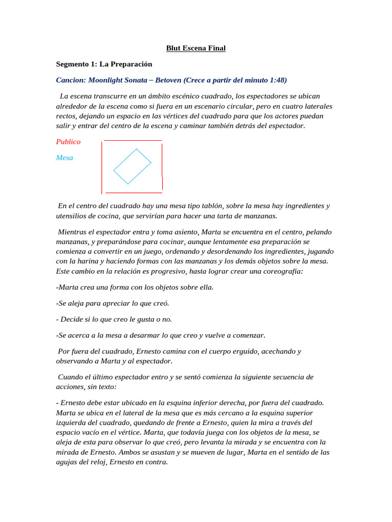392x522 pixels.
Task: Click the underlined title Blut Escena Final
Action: (196, 48)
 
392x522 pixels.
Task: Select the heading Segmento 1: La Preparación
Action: (104, 64)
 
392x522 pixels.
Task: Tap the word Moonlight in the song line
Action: (109, 80)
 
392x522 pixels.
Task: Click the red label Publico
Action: (68, 142)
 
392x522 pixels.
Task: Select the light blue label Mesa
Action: (64, 158)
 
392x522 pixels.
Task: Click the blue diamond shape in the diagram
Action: (132, 166)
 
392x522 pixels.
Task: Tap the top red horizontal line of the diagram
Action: (133, 140)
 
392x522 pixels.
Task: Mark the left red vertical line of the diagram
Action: (102, 167)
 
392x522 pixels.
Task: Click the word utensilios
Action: (71, 216)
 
